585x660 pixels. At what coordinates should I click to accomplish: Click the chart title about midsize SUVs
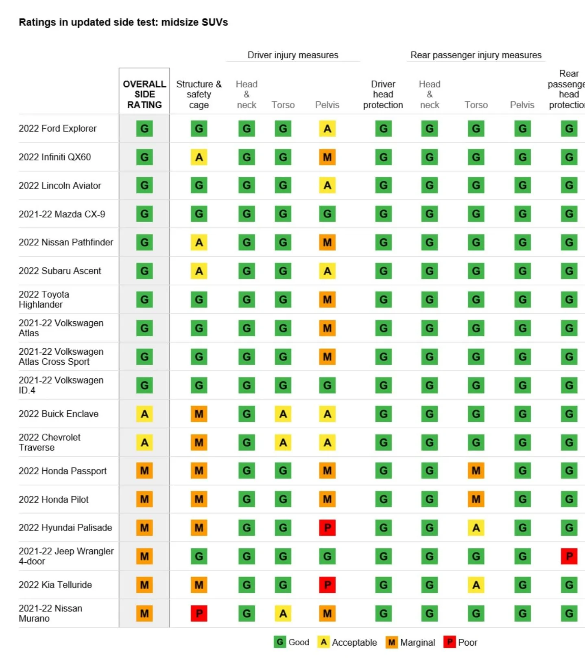[123, 22]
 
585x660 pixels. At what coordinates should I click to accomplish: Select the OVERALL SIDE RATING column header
[144, 94]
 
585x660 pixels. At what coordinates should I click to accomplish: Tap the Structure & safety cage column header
[199, 94]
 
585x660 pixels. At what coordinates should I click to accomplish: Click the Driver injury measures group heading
[293, 55]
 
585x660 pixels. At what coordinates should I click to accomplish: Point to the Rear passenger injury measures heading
[476, 55]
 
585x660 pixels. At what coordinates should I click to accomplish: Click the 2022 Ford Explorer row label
[58, 129]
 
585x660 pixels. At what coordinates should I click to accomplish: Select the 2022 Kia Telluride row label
[55, 585]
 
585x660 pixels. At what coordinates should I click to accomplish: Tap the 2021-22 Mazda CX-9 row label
[62, 214]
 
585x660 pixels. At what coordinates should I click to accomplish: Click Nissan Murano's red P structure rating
[199, 613]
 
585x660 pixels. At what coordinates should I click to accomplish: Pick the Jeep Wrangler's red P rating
[569, 556]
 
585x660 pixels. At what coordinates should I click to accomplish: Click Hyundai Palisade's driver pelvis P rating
[327, 528]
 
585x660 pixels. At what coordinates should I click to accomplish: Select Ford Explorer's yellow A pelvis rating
[327, 129]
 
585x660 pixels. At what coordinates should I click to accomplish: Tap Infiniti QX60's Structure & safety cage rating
[199, 157]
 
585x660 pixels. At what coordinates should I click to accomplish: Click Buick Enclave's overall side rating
[144, 414]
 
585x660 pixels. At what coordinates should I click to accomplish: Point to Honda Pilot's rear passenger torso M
[476, 499]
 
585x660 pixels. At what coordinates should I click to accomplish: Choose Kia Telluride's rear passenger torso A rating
[476, 585]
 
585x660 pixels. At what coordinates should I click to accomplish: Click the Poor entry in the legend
[461, 642]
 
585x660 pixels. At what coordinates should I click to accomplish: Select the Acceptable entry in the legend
[347, 642]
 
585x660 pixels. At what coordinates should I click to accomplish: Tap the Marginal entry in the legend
[410, 642]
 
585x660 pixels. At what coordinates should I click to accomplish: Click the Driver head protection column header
[383, 94]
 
